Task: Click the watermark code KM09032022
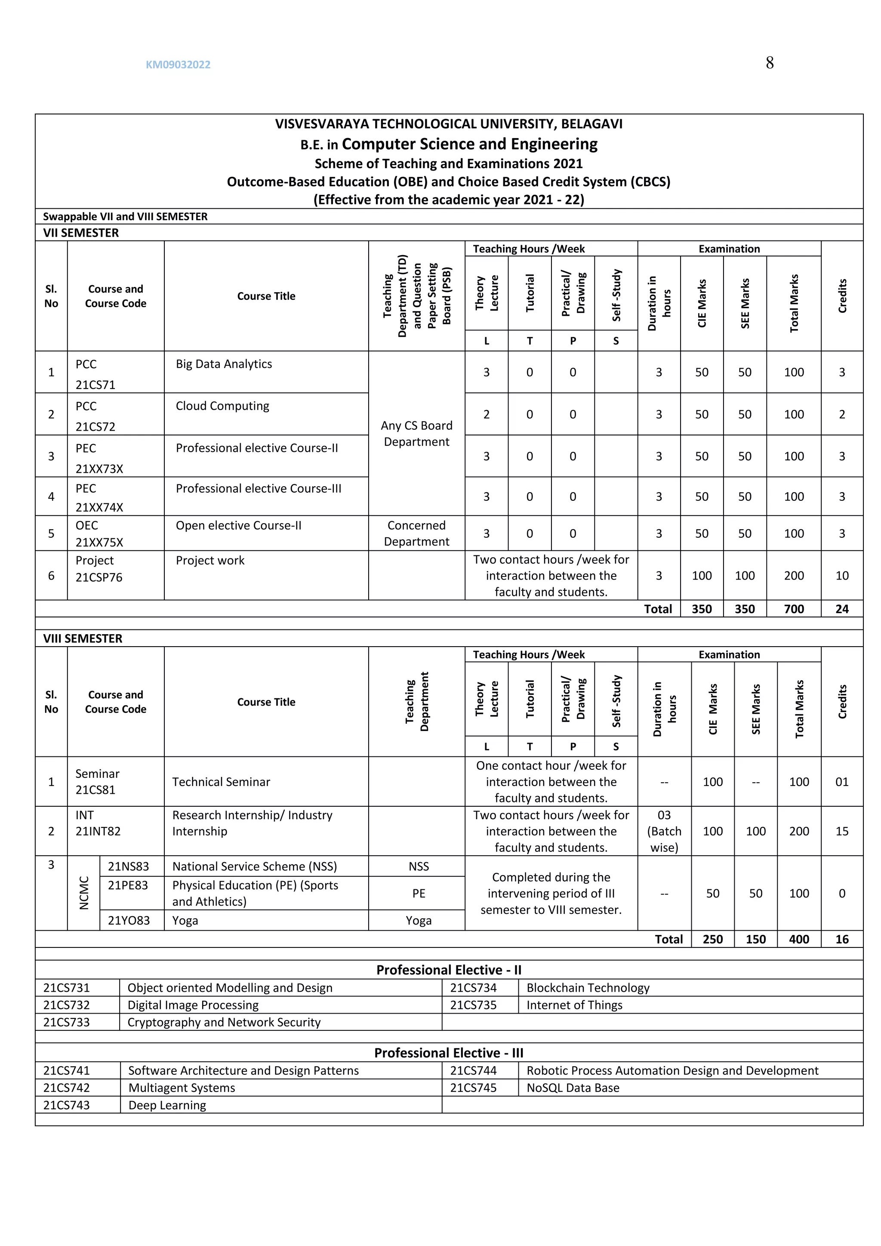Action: coord(178,65)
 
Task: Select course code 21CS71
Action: coord(95,385)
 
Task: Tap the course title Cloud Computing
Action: coord(222,406)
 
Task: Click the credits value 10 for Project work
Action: coord(841,575)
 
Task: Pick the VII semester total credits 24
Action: coord(841,609)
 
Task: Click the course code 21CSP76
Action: coord(99,577)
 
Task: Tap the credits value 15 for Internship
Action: coord(841,831)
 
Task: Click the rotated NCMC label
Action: coord(83,893)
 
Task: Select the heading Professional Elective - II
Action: coord(449,970)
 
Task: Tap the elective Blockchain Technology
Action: coord(588,988)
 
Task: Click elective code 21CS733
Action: coord(66,1022)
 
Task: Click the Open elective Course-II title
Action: coord(238,525)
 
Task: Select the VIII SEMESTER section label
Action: coord(83,638)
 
